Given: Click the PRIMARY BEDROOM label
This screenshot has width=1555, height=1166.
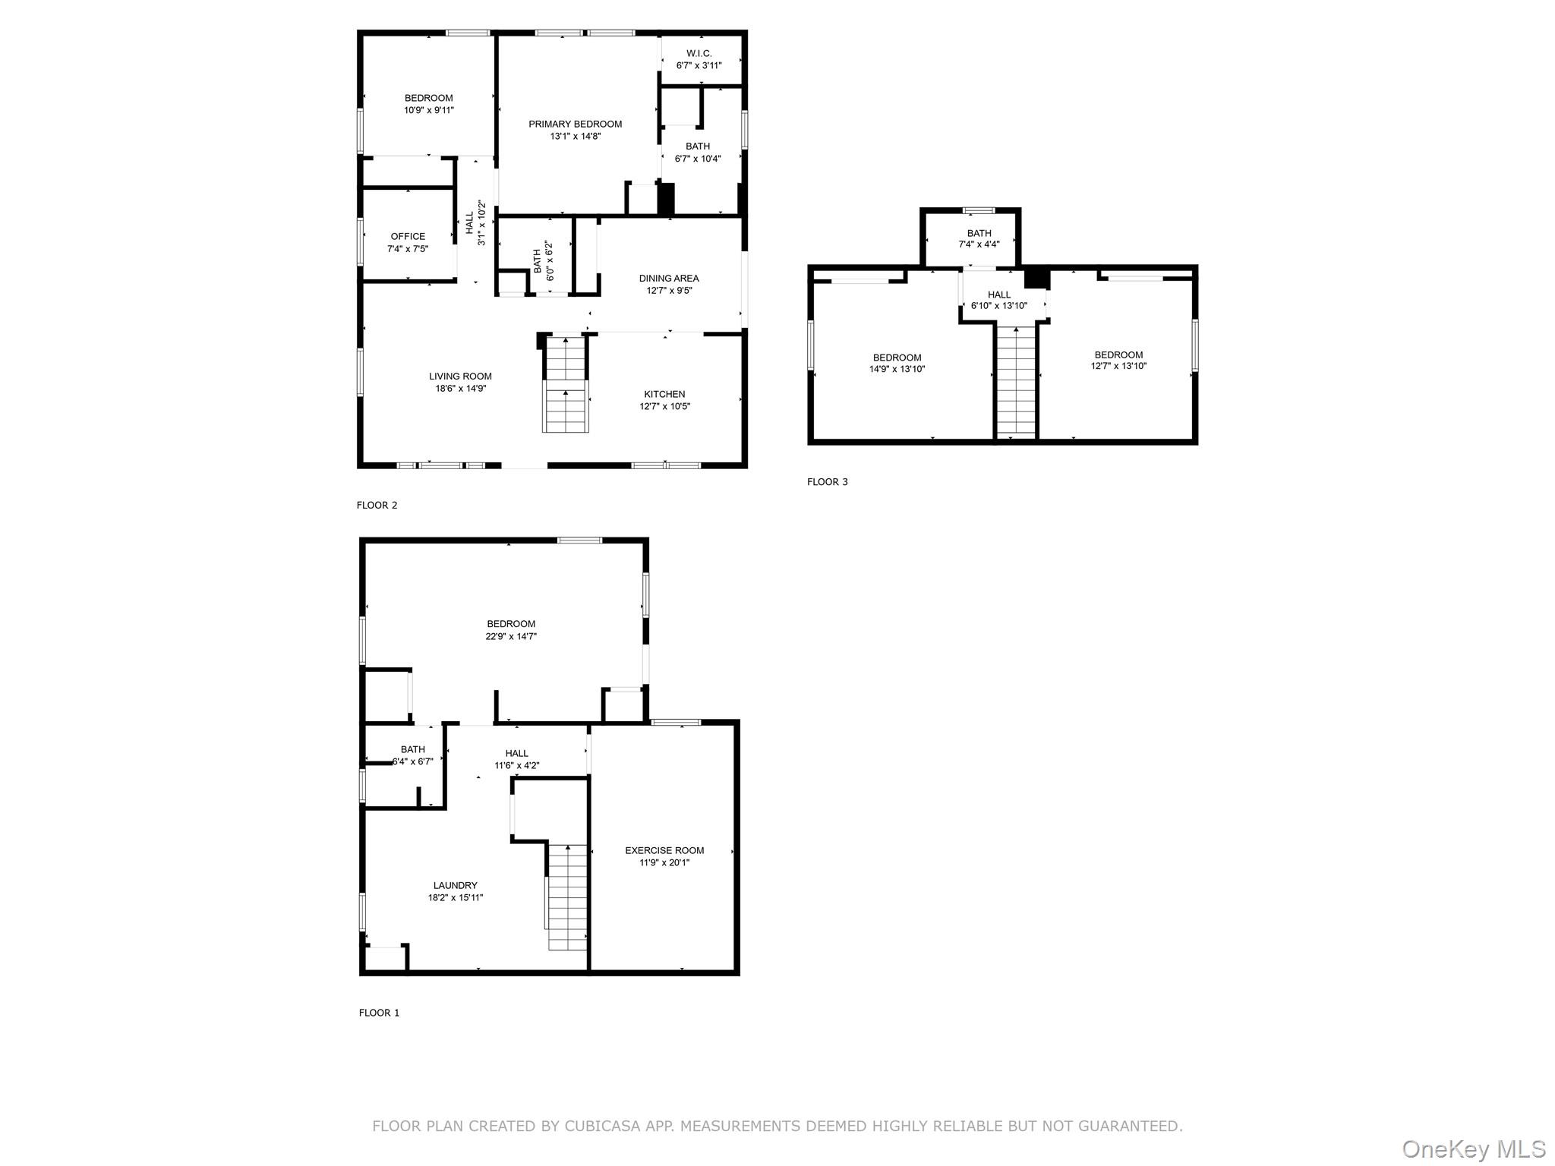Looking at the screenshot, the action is click(576, 124).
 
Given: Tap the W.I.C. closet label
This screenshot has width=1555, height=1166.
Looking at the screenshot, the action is click(699, 53).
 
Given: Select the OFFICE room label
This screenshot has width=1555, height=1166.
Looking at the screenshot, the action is click(408, 236).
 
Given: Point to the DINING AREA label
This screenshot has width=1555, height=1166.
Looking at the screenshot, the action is click(669, 278).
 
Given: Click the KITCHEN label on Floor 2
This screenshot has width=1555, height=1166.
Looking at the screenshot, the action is click(664, 394).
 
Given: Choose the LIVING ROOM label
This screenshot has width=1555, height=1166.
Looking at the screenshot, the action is click(460, 376).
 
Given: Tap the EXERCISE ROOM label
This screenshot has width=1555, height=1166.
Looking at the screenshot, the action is click(664, 850).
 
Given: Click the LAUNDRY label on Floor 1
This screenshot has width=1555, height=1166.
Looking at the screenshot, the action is click(456, 885).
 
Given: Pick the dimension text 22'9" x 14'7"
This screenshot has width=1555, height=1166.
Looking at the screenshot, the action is click(511, 636).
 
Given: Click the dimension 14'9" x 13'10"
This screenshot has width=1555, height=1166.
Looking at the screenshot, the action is click(897, 369).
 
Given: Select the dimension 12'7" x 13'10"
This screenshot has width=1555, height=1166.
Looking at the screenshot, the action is click(1118, 366).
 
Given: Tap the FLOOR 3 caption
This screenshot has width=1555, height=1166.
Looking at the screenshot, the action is click(828, 481).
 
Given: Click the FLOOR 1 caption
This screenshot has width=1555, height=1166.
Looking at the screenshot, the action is click(379, 1013).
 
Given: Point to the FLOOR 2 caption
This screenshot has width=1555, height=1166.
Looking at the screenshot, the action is click(377, 505).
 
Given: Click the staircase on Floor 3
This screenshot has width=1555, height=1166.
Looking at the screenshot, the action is click(1016, 380).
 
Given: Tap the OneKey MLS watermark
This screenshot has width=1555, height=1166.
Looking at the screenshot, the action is click(1474, 1149).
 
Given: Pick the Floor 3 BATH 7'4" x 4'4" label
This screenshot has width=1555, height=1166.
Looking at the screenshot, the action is click(979, 238).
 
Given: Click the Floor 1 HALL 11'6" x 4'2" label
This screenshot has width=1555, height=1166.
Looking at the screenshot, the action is click(516, 759).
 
